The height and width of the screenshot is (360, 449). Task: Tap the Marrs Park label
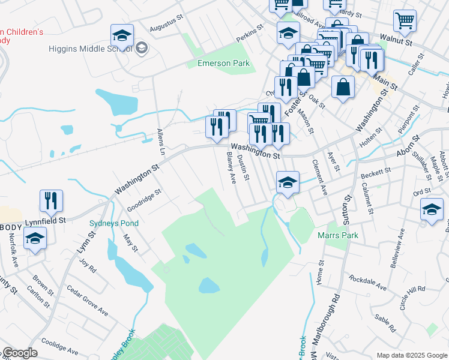pos(338,235)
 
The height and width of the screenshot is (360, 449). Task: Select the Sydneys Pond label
pos(114,223)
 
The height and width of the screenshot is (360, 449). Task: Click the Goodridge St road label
pos(144,200)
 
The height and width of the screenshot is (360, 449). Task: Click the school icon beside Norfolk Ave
pos(35,239)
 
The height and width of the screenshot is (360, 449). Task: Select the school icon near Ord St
pos(431,211)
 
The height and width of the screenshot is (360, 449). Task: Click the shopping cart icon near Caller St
pos(405,21)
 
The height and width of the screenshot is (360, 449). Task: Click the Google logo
pos(19,353)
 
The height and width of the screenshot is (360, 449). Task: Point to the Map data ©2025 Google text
pos(411,355)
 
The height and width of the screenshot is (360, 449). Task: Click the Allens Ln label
pos(160,142)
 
